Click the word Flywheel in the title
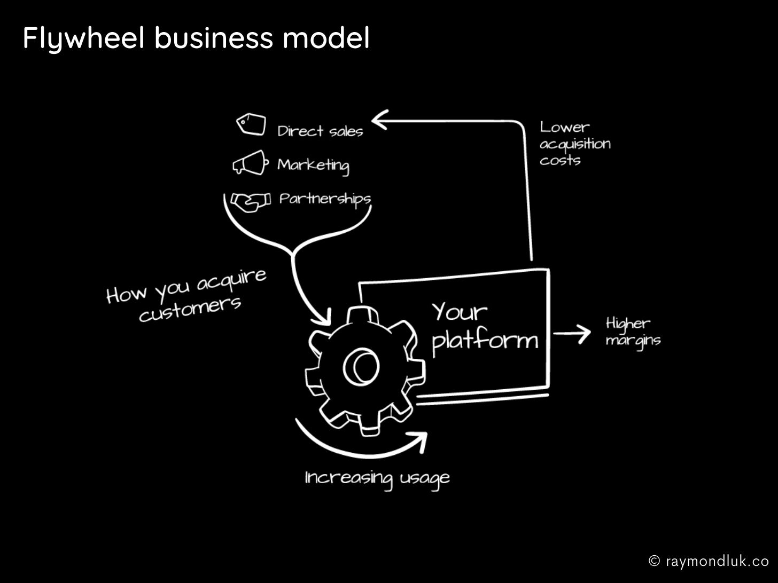pos(84,38)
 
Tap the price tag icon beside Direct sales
pos(251,124)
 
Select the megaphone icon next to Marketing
pos(250,163)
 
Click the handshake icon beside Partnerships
pos(251,202)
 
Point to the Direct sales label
pos(321,131)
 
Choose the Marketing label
pos(313,166)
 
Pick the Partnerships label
pos(325,200)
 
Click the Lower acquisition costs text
pos(575,144)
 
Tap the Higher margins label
pos(633,333)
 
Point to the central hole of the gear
pos(361,367)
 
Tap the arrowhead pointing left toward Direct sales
pos(380,120)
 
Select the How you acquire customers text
pos(186,296)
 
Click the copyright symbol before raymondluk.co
pos(654,561)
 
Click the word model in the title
pos(326,37)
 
